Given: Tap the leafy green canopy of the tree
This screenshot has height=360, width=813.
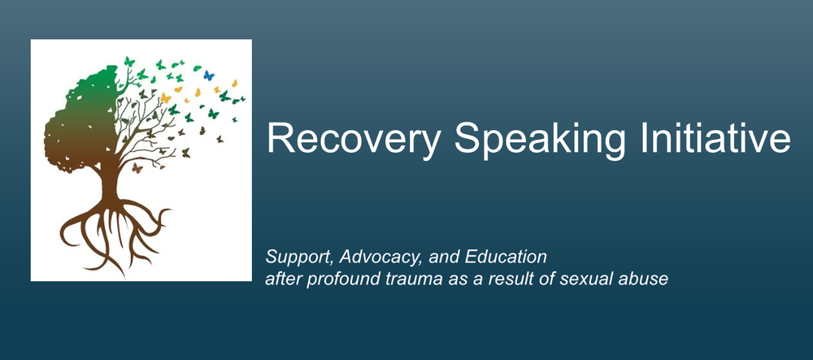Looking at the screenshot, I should (x=89, y=106).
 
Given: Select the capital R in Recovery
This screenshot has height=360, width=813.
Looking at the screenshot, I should (x=278, y=139).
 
